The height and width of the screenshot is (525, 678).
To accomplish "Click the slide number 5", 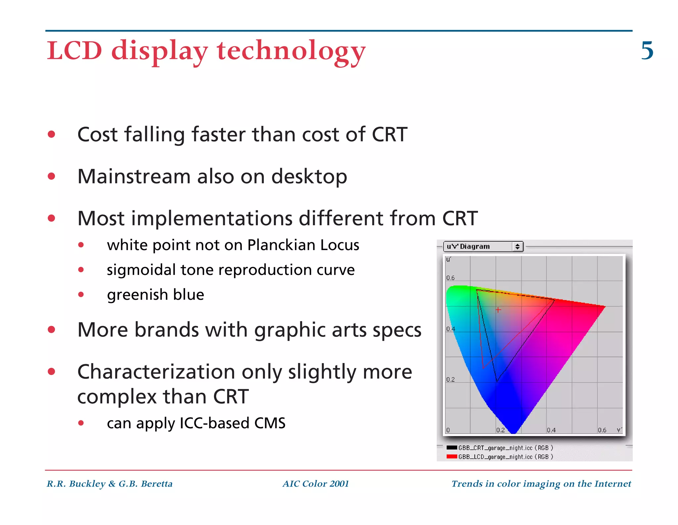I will pyautogui.click(x=647, y=51).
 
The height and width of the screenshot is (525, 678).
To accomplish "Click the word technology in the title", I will pyautogui.click(x=291, y=51).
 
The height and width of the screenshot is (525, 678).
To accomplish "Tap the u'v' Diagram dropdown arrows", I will pyautogui.click(x=517, y=246).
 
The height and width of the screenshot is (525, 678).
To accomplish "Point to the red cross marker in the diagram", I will pyautogui.click(x=498, y=310).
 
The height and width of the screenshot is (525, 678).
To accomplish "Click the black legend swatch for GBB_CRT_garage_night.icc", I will pyautogui.click(x=452, y=447).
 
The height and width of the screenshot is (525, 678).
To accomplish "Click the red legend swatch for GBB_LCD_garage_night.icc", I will pyautogui.click(x=452, y=456).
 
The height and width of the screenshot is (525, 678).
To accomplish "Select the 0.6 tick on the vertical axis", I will pyautogui.click(x=450, y=278).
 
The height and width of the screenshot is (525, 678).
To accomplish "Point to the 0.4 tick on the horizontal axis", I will pyautogui.click(x=551, y=430).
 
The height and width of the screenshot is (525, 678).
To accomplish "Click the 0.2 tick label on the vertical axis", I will pyautogui.click(x=450, y=379).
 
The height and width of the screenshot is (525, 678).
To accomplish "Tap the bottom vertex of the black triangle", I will pyautogui.click(x=497, y=382).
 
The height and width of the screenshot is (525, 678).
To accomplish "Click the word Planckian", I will pyautogui.click(x=281, y=245).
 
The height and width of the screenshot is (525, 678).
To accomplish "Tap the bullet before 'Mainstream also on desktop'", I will pyautogui.click(x=51, y=176).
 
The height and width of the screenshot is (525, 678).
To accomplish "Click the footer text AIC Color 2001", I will pyautogui.click(x=315, y=484).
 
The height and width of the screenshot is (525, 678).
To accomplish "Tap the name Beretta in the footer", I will pyautogui.click(x=156, y=484).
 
